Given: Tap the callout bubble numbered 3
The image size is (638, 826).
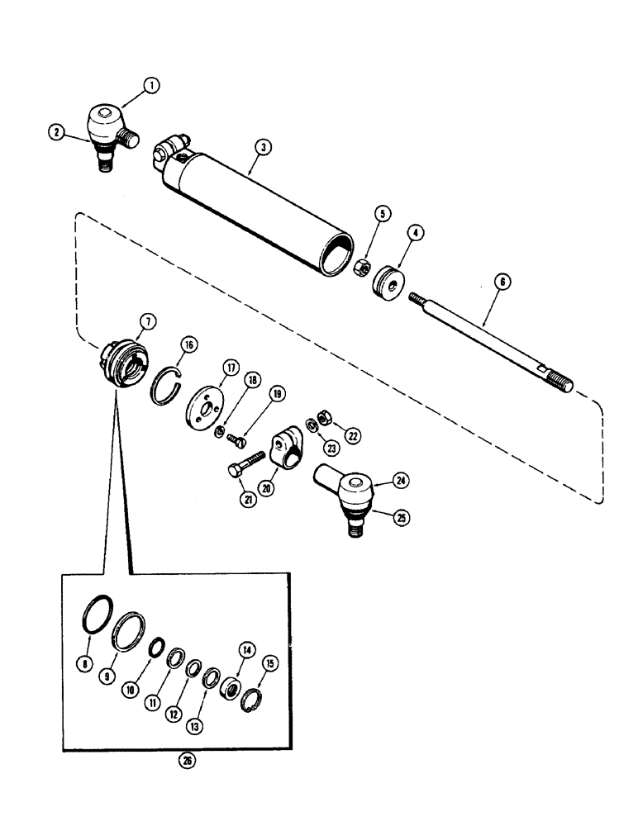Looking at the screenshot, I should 261,147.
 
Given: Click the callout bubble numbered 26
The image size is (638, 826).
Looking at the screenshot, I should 188,762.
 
